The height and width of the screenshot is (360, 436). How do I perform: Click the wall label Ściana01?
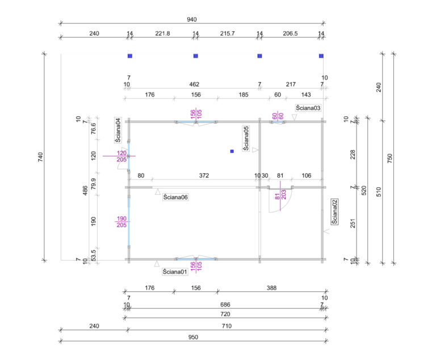point(174,272)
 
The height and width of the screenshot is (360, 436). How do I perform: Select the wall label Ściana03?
point(308,108)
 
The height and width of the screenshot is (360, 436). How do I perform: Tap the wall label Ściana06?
point(175,197)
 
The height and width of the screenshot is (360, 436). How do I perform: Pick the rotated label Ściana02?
point(335,211)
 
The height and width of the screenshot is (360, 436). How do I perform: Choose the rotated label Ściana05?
point(246,138)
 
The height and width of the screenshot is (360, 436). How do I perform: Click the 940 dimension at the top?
point(193,19)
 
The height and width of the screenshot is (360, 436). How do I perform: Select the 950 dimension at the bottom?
point(193,337)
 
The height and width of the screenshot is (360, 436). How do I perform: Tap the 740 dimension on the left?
point(40,157)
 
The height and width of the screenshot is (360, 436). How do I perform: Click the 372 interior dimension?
point(204,176)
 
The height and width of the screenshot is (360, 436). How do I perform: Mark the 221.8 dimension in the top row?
point(162,34)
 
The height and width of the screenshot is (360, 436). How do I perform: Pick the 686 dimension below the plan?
point(225,305)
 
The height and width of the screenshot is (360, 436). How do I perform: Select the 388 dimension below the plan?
point(271,288)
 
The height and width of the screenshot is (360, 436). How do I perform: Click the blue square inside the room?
point(232,151)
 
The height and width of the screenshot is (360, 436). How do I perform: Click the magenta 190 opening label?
point(121,219)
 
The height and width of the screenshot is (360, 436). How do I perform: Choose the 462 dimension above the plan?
point(194,85)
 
